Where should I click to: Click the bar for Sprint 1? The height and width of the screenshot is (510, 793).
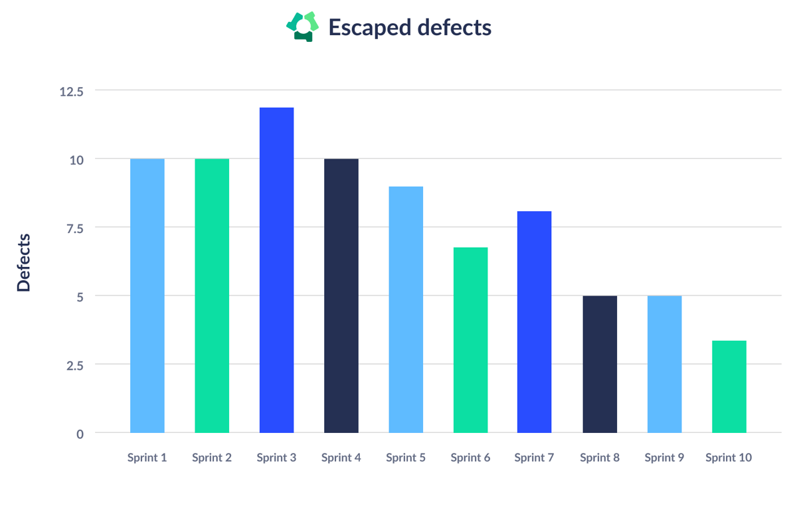[x=147, y=296]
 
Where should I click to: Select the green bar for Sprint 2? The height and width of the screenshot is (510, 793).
[x=212, y=296]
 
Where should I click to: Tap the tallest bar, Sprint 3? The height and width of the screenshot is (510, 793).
[x=276, y=270]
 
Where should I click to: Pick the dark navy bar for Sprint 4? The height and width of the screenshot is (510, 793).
[x=341, y=296]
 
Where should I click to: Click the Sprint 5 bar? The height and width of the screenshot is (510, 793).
[x=406, y=309]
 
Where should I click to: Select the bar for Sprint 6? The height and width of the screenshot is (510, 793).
[x=470, y=340]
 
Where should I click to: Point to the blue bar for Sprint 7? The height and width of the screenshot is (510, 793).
[x=534, y=322]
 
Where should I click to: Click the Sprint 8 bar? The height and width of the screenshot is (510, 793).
[x=600, y=364]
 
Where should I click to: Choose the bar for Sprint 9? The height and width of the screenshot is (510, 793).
[x=664, y=364]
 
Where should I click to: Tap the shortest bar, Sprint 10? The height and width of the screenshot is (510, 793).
[x=729, y=386]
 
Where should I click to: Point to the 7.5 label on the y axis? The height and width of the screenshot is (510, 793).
[x=74, y=228]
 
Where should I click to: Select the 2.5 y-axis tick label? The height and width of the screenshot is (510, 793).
[x=74, y=365]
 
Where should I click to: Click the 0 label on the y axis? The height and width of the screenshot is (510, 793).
[x=80, y=434]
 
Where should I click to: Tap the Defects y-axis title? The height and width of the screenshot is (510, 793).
[x=24, y=262]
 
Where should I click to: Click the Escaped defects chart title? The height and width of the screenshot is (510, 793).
[x=410, y=27]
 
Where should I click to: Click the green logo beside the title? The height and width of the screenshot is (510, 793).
[x=303, y=27]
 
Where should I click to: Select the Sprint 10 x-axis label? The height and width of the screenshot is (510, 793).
[x=729, y=458]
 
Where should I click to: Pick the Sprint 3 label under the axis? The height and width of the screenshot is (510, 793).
[x=276, y=458]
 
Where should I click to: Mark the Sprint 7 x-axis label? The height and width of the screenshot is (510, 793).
[x=534, y=458]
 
